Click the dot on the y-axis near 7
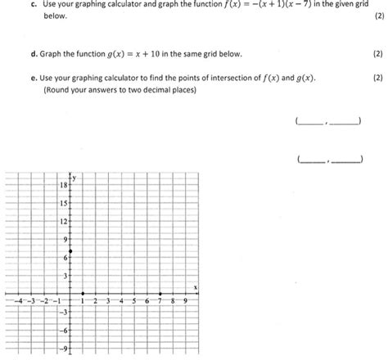71,250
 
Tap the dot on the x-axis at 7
160,295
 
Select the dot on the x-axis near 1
71,295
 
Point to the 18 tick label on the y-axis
63,187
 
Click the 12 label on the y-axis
63,222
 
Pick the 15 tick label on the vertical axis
63,204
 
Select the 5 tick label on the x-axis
134,302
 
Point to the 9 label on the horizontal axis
185,302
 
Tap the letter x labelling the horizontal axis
195,288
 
